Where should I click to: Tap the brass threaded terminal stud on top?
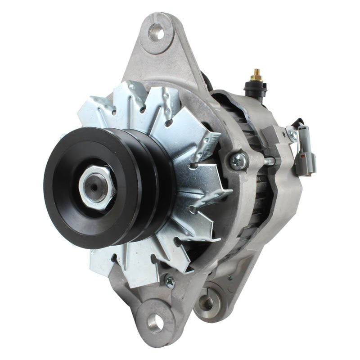[x=256, y=75]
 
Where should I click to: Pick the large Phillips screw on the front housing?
[x=238, y=160]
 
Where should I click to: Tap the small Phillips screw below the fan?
[x=170, y=282]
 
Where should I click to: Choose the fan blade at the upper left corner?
[x=94, y=108]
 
